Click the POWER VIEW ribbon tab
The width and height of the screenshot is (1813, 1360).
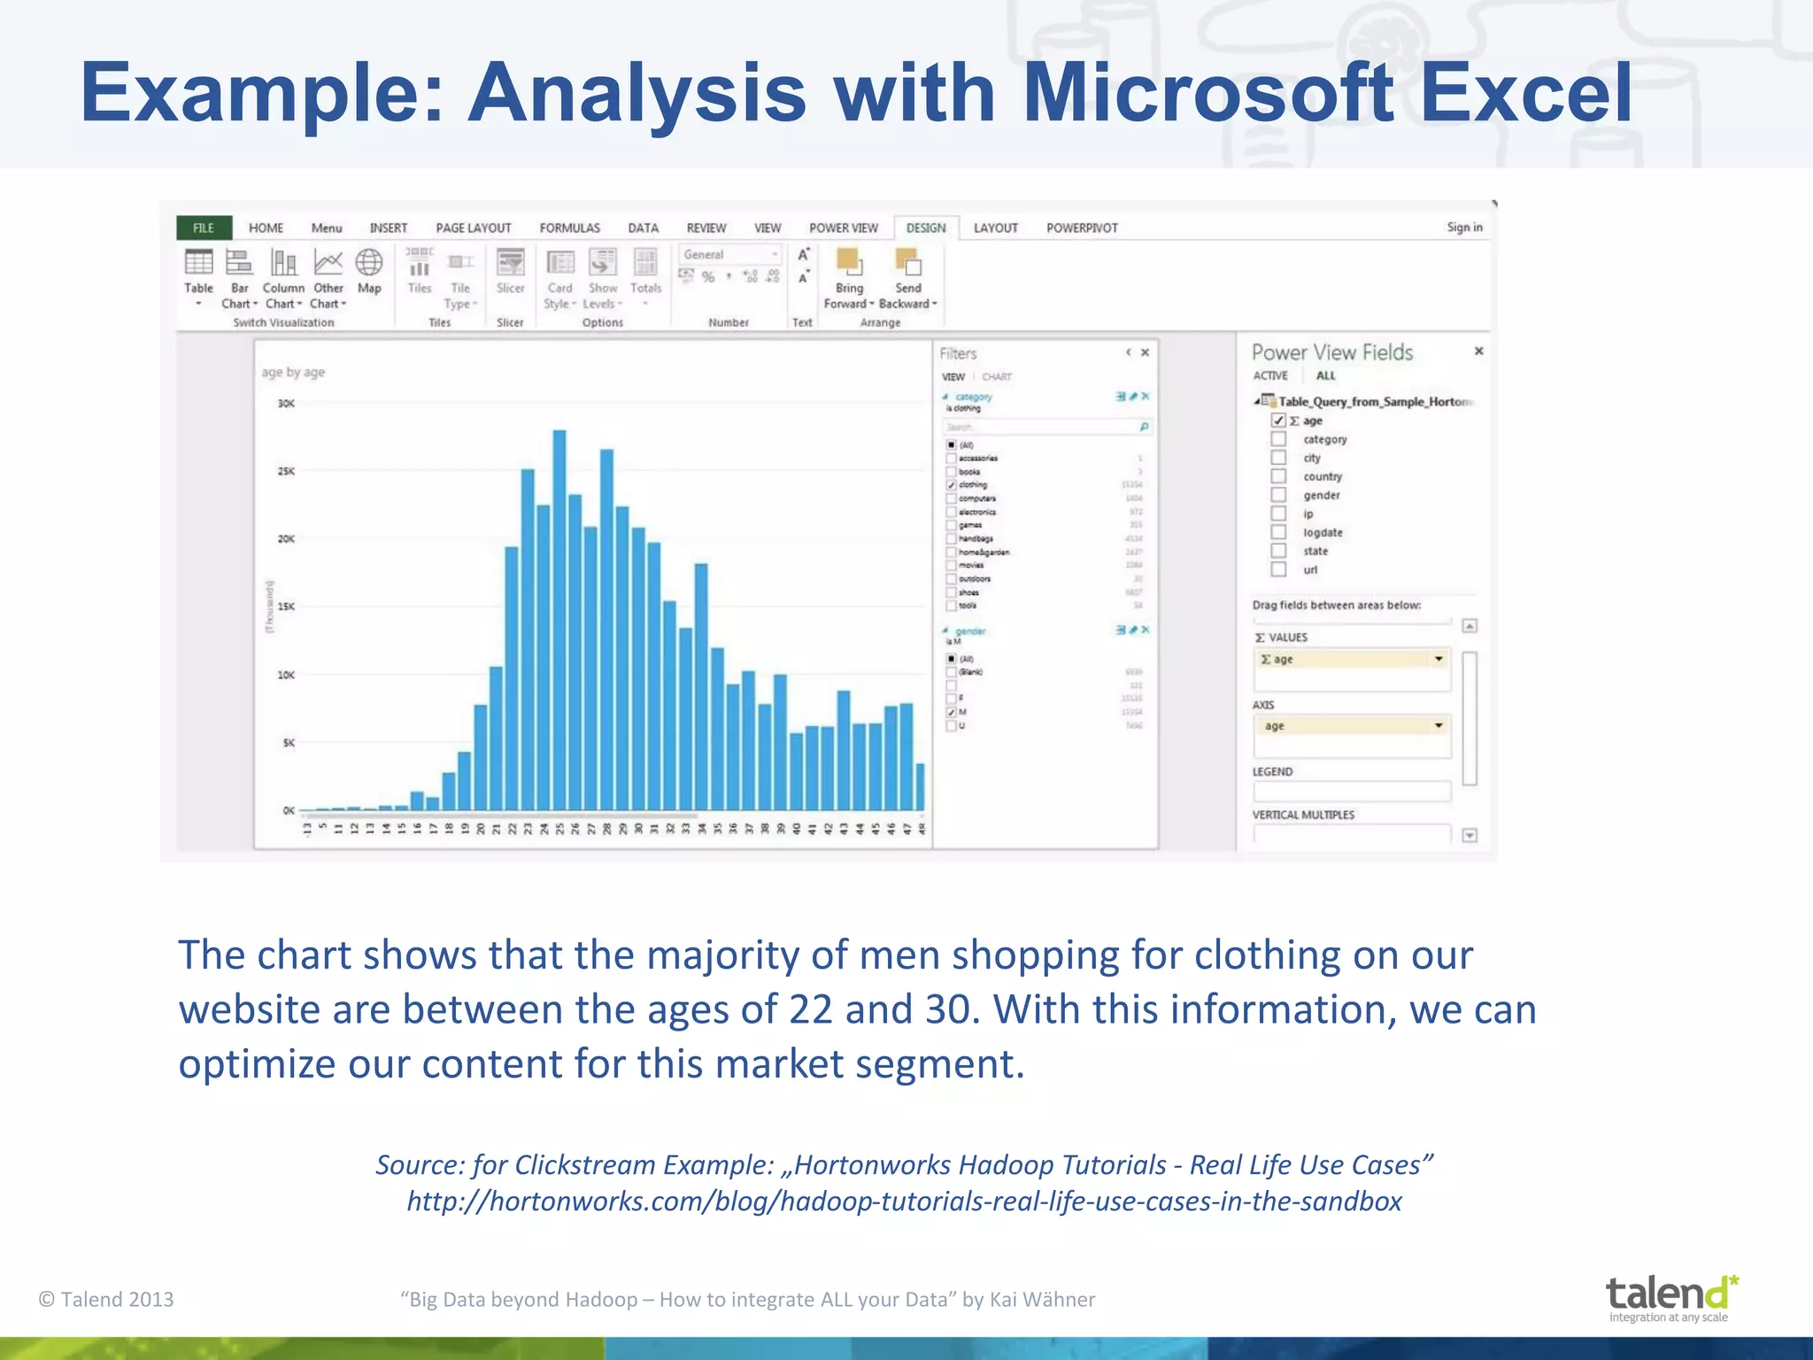tap(843, 228)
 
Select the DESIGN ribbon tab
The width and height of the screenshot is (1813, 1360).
tap(925, 228)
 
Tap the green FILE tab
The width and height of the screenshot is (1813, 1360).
tap(204, 228)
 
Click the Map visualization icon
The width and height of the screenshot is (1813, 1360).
tap(369, 263)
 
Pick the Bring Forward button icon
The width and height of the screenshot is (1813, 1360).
tap(849, 263)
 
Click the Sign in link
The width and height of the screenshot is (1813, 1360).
tap(1464, 228)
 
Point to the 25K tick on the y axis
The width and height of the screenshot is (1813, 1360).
tap(286, 471)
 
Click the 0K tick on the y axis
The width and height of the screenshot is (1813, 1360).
tap(288, 810)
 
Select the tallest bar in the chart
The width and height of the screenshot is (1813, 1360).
tap(559, 620)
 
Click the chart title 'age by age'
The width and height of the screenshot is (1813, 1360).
tap(293, 373)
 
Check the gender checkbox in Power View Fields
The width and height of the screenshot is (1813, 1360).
tap(1278, 495)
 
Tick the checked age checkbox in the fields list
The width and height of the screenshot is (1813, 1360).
tap(1278, 421)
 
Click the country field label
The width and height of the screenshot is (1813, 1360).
tap(1322, 476)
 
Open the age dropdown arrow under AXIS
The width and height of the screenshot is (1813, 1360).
tap(1439, 725)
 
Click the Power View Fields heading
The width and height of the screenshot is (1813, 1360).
tap(1331, 352)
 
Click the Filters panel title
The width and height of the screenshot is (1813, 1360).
tap(958, 353)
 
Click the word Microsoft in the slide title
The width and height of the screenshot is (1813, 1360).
tap(1207, 93)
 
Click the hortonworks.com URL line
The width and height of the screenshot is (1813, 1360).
tap(904, 1202)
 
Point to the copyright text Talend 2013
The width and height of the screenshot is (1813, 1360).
tap(106, 1299)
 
